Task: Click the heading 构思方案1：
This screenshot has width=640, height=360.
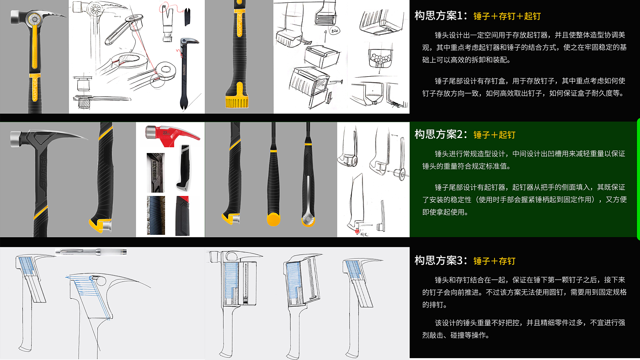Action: pos(441,16)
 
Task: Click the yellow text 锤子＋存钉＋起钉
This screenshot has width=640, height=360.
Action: pos(507,16)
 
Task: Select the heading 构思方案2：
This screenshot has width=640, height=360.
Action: pos(441,134)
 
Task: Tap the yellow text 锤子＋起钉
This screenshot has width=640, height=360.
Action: pos(494,135)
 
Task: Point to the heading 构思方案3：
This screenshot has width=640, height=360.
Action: pos(441,260)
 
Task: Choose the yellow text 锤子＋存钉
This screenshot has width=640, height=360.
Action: pos(494,261)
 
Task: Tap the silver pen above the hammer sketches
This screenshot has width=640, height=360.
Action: pos(91,252)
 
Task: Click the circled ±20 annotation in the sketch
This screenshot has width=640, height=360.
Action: pos(334,30)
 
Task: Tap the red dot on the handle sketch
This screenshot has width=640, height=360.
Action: pos(357,231)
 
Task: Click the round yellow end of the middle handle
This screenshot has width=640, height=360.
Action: pos(273,219)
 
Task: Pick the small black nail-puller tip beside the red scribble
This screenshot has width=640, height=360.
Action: pos(187,16)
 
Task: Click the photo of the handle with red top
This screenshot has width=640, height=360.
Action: pos(182,216)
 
